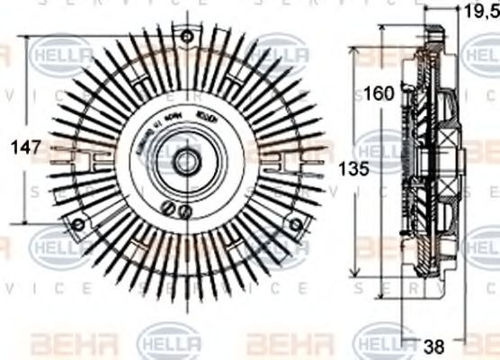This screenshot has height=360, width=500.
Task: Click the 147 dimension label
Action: [14, 149]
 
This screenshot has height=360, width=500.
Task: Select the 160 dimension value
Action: [379, 93]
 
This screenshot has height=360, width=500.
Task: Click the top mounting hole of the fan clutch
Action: [186, 36]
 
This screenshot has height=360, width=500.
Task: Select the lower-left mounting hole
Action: [77, 224]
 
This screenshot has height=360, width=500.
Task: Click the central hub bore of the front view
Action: [186, 163]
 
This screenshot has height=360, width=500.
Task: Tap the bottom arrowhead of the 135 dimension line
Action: [357, 275]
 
